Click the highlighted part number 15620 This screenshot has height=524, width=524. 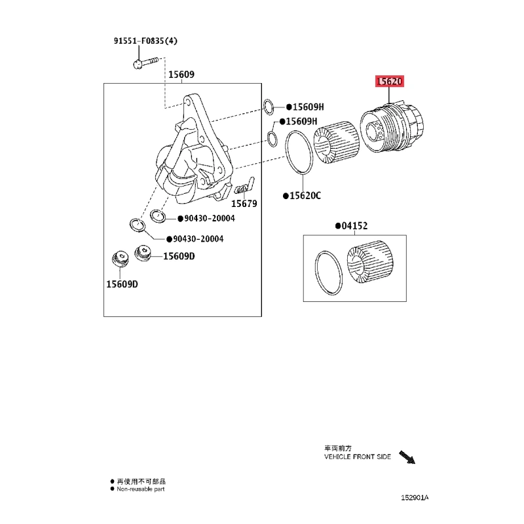coord(389,81)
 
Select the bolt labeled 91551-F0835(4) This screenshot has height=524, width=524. coord(145,62)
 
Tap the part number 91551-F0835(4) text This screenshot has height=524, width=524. coord(145,41)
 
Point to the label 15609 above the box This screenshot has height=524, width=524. coord(181,74)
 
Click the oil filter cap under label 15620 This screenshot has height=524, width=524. coord(392,128)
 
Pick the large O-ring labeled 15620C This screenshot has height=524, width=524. coord(286,152)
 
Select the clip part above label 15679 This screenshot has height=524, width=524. coord(244,187)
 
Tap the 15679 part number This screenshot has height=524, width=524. coord(244,204)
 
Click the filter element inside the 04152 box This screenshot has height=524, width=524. coord(370,263)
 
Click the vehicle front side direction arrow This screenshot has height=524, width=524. coord(407,457)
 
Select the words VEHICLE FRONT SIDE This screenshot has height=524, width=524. coord(357,457)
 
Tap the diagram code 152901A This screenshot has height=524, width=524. coord(415,498)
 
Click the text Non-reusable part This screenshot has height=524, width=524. coord(140,489)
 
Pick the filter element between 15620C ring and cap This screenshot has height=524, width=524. coord(337,142)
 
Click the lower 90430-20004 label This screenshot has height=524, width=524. coord(198,239)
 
